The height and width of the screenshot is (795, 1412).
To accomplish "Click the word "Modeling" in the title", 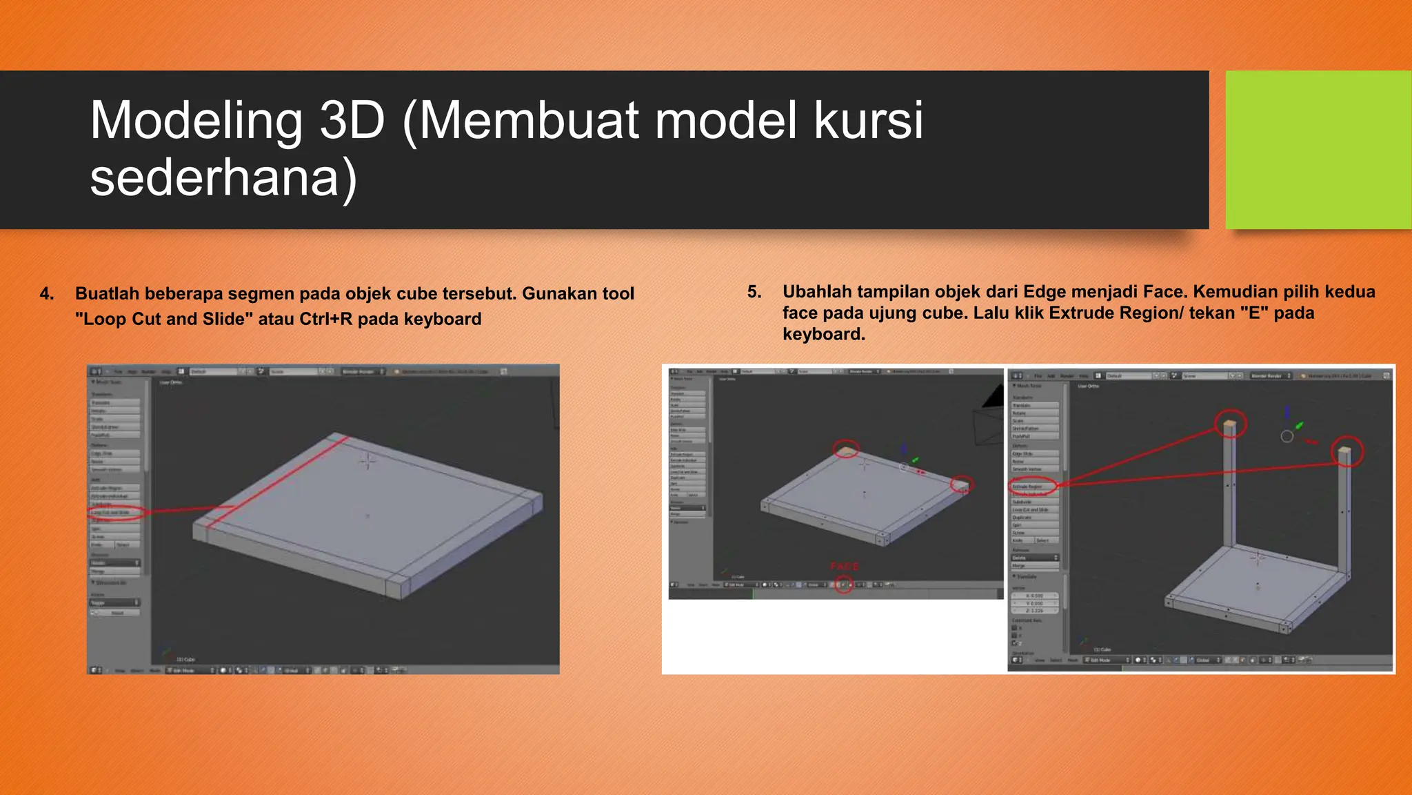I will [x=196, y=120].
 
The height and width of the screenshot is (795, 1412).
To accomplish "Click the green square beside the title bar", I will [x=1318, y=150].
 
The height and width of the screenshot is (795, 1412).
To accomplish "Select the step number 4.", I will [x=46, y=294].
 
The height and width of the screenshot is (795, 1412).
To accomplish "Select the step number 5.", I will [x=754, y=292].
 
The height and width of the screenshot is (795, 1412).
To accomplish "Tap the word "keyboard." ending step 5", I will [x=823, y=335].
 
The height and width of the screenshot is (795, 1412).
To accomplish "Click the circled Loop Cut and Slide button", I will [x=114, y=513].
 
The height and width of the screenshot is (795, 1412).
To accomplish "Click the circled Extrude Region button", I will [x=1033, y=487].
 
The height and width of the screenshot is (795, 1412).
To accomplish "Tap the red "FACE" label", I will [x=844, y=567].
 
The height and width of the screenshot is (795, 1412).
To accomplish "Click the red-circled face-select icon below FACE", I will [x=844, y=585].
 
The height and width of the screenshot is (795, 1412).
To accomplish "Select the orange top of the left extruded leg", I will [x=1230, y=422].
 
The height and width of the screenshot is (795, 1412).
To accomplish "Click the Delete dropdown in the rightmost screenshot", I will [x=1033, y=558].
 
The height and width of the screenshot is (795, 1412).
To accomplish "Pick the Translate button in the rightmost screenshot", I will [x=1033, y=406].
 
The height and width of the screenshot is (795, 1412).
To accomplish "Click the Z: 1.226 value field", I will [x=1035, y=611].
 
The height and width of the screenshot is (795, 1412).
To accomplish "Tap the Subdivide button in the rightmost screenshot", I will [x=1033, y=502].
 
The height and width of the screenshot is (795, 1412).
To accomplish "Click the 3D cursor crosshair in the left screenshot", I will [x=367, y=460].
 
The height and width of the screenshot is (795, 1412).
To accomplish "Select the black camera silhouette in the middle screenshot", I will [x=994, y=397].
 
